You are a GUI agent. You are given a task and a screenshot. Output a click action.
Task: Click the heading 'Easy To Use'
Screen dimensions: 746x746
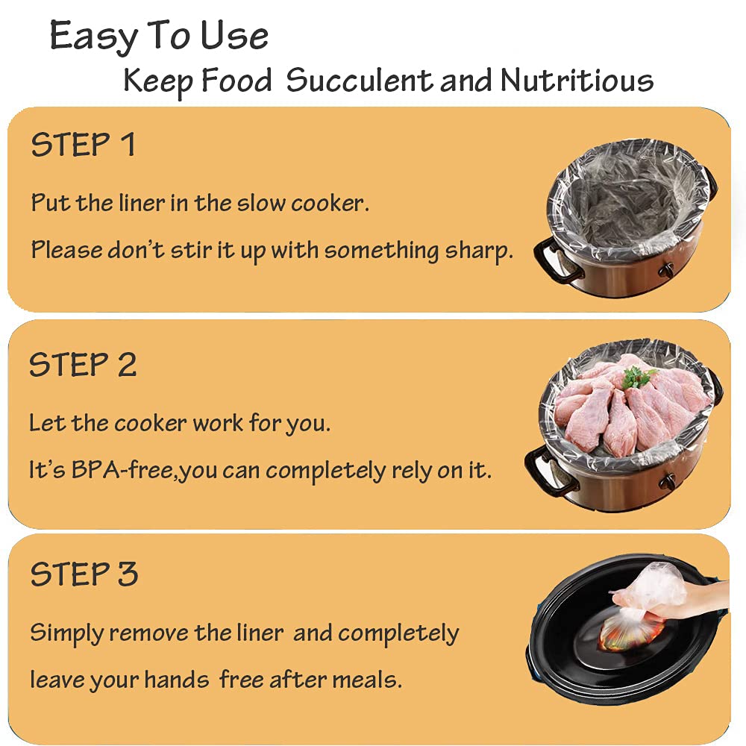159,36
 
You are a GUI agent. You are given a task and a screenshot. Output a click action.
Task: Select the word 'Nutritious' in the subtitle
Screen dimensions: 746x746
577,81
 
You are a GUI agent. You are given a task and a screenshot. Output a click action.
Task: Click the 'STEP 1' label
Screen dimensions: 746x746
83,145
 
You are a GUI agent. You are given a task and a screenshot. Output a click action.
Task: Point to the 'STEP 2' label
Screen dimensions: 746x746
83,365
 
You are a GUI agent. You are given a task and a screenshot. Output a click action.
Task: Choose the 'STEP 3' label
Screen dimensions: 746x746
84,574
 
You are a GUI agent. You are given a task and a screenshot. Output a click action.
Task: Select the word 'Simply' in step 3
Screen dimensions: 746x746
66,634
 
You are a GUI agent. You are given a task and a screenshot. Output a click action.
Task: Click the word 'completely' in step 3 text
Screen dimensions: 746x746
398,634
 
